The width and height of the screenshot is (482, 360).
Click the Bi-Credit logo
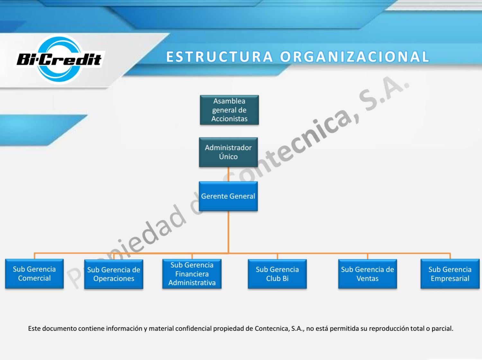59,59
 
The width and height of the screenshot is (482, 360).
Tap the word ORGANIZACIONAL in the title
355,57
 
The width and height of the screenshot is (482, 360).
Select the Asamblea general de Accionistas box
229,110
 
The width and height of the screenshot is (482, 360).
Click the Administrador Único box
228,152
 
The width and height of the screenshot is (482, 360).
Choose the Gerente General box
228,196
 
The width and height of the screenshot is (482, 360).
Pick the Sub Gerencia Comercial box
34,274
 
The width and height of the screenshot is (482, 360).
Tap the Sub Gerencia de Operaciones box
113,274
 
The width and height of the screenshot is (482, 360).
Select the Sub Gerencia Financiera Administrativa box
192,274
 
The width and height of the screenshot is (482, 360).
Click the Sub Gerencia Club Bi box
277,274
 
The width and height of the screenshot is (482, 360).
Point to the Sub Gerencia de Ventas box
367,274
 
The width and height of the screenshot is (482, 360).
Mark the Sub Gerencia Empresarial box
450,274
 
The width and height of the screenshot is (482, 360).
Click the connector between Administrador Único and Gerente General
228,174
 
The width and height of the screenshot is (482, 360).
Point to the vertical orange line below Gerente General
228,231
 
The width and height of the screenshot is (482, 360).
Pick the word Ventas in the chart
367,279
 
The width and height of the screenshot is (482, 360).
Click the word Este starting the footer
34,329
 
